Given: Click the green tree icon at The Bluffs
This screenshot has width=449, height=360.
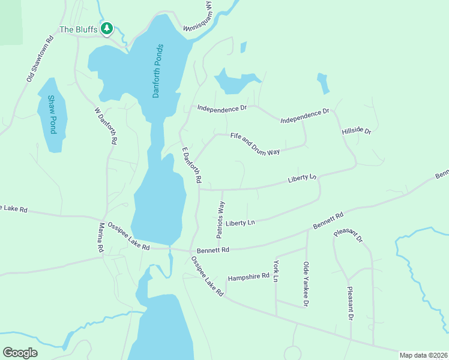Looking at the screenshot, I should click(107, 28).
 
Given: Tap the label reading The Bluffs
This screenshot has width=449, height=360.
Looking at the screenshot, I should click(78, 29).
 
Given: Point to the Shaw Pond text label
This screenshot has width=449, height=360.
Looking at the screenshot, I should click(52, 114).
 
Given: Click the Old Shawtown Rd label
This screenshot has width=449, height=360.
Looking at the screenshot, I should click(40, 58).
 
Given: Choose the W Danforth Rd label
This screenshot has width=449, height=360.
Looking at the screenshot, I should click(105, 125).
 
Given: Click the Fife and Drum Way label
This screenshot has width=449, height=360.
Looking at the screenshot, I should click(255, 144).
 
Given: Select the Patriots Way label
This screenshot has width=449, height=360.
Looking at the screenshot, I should click(220, 220).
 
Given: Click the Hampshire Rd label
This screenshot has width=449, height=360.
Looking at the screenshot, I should click(249, 278).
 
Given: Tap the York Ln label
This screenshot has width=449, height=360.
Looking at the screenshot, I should click(276, 271).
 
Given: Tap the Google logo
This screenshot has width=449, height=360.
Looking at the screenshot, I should click(20, 353).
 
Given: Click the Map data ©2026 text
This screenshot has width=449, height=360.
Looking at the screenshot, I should click(423, 355).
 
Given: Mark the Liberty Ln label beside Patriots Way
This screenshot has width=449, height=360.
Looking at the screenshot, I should click(241, 223).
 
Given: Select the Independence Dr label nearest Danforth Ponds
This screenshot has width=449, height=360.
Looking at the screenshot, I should click(223, 109).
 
